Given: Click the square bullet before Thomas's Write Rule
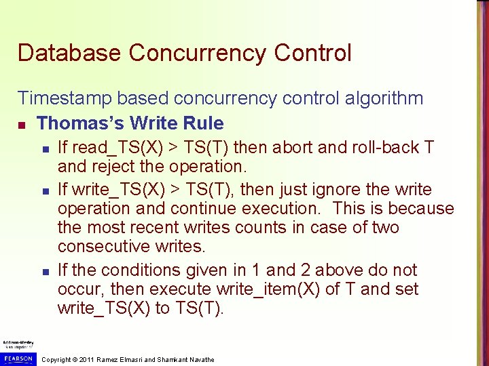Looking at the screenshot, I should click(x=22, y=124).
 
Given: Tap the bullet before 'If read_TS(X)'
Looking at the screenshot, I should click(x=44, y=148).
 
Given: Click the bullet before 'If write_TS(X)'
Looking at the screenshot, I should click(x=44, y=190).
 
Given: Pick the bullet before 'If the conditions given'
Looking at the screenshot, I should click(x=44, y=271).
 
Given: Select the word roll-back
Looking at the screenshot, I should click(x=386, y=148).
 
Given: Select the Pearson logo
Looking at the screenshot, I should click(x=18, y=357).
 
